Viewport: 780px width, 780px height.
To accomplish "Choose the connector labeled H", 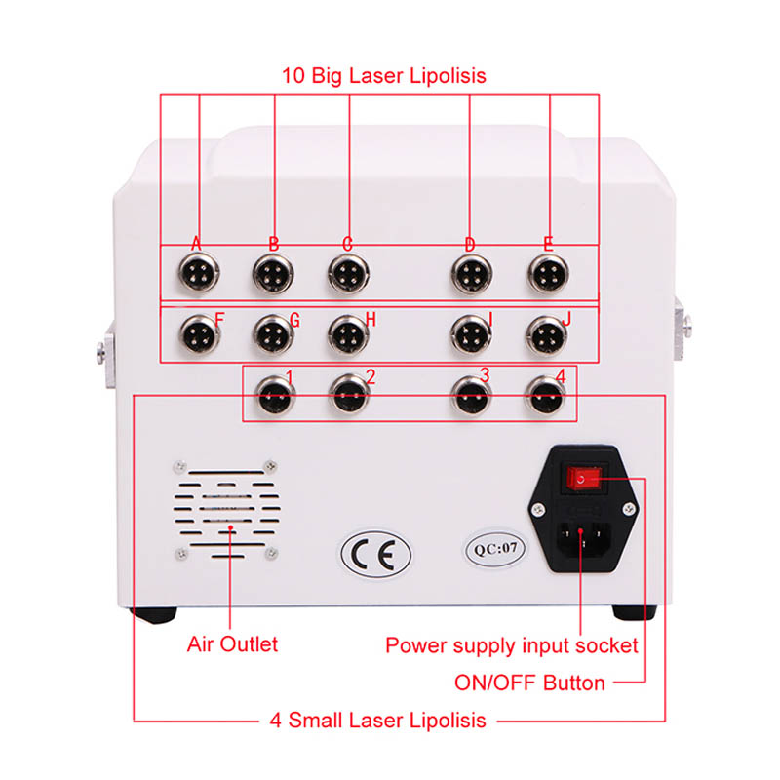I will click(x=347, y=336).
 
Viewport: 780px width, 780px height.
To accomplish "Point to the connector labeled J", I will click(x=548, y=336).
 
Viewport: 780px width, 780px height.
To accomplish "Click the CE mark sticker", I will click(x=375, y=553).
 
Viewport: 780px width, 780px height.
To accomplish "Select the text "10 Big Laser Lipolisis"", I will click(x=383, y=75).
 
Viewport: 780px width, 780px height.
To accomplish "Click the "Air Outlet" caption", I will click(x=232, y=644).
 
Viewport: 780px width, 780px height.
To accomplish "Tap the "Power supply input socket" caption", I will click(x=512, y=645).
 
